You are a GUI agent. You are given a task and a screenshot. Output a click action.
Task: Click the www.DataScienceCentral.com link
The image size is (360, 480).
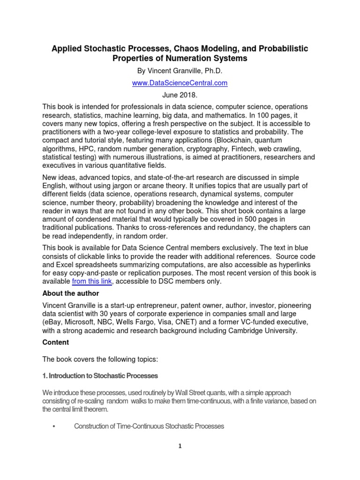[x=180, y=83]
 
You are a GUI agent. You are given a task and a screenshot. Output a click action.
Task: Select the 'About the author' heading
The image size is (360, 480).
[x=71, y=293]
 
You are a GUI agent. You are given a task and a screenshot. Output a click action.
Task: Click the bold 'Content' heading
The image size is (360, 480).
[x=56, y=343]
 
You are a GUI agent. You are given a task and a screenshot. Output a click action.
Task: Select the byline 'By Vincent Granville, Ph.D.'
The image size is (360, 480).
[x=180, y=71]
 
